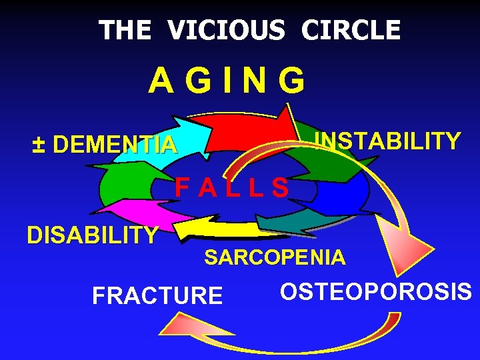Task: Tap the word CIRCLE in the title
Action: pos(351,30)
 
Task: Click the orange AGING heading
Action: pos(227,81)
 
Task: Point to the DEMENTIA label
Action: pos(115,144)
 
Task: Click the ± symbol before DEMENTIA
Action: pos(40,144)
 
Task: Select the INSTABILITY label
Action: pos(387,141)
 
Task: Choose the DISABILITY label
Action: pos(92,235)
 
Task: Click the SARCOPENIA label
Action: pos(275,257)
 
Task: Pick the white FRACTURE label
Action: pos(157,295)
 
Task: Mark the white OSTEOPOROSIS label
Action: pos(376,292)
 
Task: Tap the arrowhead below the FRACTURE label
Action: pos(177,327)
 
